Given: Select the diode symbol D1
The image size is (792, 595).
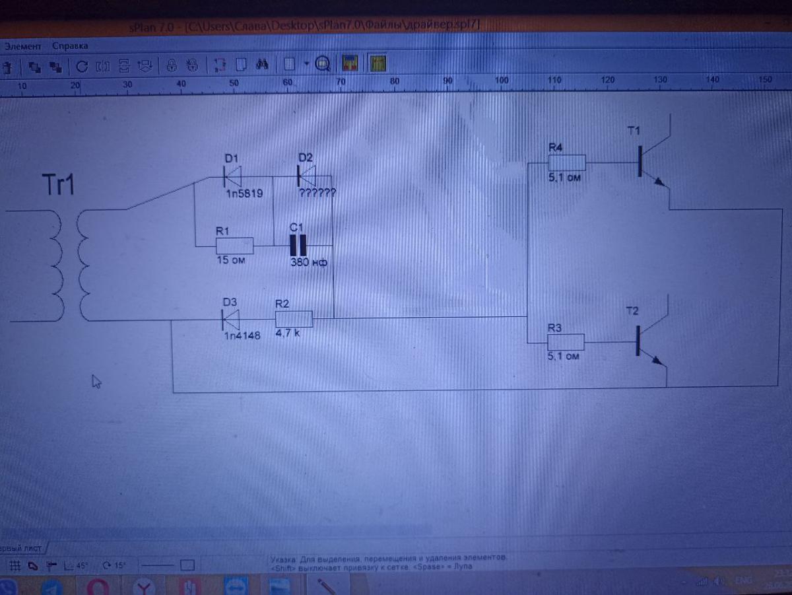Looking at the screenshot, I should (232, 176).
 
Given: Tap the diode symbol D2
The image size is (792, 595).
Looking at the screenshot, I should (306, 176).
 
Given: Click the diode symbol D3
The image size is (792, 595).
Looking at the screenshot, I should (230, 320).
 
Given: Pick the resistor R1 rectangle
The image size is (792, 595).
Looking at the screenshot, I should (234, 246).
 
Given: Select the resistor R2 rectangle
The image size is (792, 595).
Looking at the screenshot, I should (294, 319).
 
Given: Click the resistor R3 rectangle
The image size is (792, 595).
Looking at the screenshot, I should (566, 342).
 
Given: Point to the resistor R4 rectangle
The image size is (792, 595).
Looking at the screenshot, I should (567, 162).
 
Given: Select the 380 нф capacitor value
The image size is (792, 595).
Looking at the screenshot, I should (309, 262).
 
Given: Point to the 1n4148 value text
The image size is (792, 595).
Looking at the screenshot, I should (242, 335).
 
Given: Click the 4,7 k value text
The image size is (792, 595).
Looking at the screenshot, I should (288, 333).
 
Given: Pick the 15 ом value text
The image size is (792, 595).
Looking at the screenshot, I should (231, 260).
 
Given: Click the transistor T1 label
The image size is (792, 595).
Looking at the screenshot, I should (634, 131).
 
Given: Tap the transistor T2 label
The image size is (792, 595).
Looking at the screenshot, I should (632, 312).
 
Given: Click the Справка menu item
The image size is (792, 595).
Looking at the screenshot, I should (70, 46).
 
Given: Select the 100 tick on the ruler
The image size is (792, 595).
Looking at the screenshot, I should (502, 81).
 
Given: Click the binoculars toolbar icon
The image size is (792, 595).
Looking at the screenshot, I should (261, 64).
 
